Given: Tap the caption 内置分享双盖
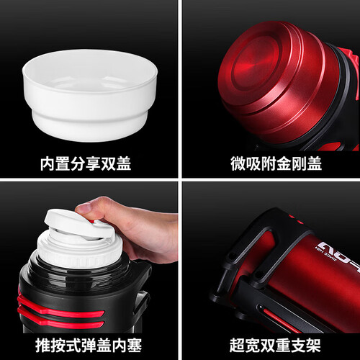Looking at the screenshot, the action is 86,164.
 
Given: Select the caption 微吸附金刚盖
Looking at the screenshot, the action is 276,164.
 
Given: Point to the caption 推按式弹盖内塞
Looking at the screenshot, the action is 89,345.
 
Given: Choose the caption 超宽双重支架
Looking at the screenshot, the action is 275,345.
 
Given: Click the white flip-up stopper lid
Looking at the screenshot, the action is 79,225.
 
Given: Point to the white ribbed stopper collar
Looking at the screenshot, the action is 80,250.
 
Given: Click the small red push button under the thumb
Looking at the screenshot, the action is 91,221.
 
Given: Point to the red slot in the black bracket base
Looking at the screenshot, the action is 279,319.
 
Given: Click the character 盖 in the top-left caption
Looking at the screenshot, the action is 124,164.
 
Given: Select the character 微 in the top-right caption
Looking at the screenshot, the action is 238,164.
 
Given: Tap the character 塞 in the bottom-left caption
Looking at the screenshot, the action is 135,345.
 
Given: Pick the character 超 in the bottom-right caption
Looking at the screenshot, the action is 237,345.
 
